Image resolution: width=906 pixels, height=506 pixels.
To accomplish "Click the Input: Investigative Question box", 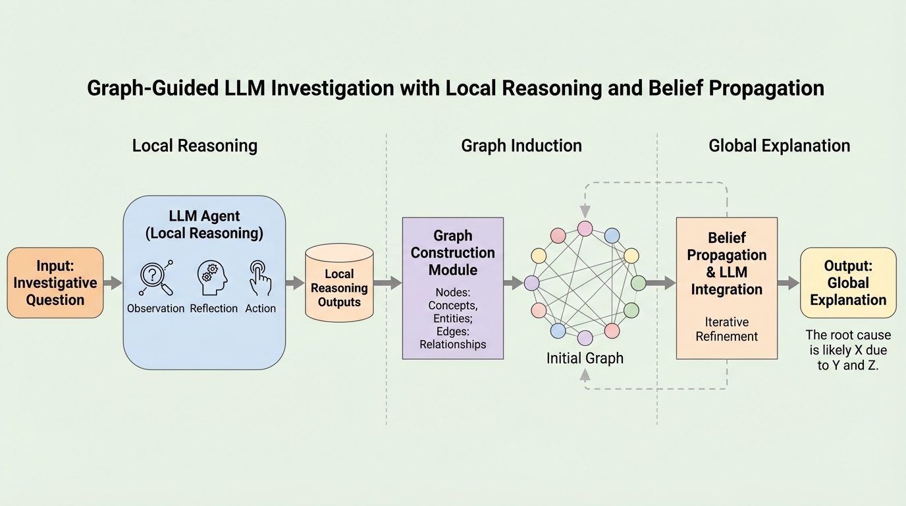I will pyautogui.click(x=55, y=283).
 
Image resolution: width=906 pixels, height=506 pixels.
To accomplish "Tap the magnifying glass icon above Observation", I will pyautogui.click(x=156, y=278).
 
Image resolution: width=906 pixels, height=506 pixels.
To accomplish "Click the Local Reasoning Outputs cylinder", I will pyautogui.click(x=339, y=284).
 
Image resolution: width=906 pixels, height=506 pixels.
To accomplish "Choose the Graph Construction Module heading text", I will pyautogui.click(x=453, y=252).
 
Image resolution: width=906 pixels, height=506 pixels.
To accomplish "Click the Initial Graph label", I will pyautogui.click(x=585, y=359).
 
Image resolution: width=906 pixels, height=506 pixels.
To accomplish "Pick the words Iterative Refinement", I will pyautogui.click(x=726, y=329).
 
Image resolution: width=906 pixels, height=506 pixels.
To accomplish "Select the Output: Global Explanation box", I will pyautogui.click(x=848, y=283).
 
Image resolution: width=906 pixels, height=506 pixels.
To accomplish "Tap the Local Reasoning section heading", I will pyautogui.click(x=194, y=146).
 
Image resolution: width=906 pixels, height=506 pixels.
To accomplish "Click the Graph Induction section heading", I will pyautogui.click(x=521, y=146).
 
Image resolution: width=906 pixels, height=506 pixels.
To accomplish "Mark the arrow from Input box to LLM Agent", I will pyautogui.click(x=113, y=283).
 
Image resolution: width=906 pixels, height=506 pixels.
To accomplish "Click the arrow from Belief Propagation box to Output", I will pyautogui.click(x=788, y=283).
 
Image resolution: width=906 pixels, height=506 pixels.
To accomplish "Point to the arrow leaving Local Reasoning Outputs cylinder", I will pyautogui.click(x=388, y=283).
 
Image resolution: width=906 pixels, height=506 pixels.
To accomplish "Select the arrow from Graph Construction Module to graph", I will pyautogui.click(x=514, y=283).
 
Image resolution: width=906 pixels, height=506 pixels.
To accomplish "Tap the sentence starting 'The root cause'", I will pyautogui.click(x=848, y=350).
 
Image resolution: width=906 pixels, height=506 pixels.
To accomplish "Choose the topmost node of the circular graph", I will pyautogui.click(x=585, y=229).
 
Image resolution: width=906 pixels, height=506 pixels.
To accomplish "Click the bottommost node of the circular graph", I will pyautogui.click(x=585, y=338).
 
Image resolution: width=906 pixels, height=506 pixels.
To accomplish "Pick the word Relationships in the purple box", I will pyautogui.click(x=453, y=344).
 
